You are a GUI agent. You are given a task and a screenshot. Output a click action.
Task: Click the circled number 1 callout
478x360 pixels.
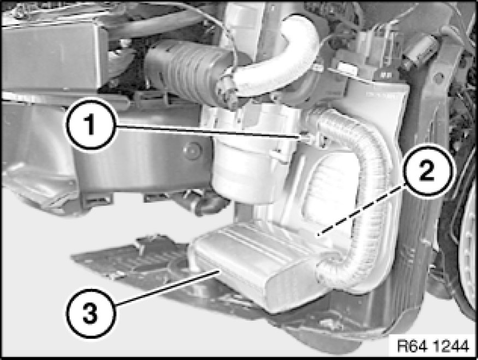(x=90, y=125)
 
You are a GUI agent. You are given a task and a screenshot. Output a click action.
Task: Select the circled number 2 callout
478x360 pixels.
(x=427, y=170)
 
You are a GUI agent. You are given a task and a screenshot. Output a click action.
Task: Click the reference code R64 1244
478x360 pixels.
(x=433, y=346)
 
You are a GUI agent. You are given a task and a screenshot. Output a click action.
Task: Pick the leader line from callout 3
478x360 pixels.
(x=166, y=287)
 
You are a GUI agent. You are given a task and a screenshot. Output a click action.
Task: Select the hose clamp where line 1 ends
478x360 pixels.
(x=317, y=139)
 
